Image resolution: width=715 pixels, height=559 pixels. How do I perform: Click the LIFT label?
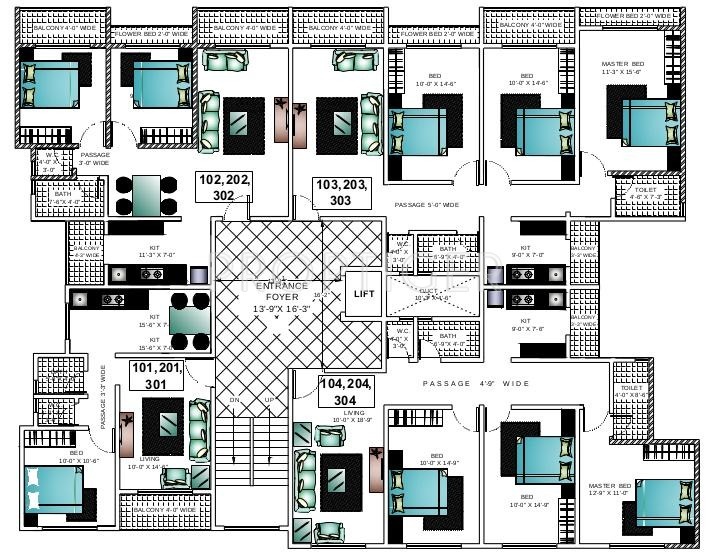click(x=362, y=294)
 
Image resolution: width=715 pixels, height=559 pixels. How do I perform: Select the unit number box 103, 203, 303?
click(x=341, y=192)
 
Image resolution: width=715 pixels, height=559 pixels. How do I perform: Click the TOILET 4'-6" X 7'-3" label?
click(x=640, y=194)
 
